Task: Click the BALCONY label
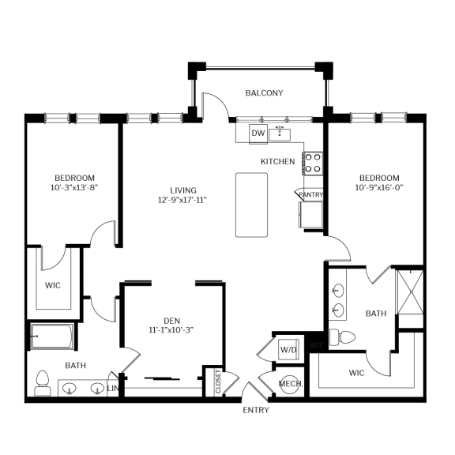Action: point(264,93)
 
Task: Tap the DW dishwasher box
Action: point(258,133)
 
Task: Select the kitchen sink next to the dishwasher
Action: point(280,133)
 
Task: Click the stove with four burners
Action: point(313,163)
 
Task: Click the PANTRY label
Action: point(309,194)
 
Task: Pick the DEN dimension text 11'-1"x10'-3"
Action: point(171,330)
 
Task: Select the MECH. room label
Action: point(289,384)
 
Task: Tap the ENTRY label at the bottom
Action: point(255,410)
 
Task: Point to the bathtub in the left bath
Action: point(52,337)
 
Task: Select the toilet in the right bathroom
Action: point(342,337)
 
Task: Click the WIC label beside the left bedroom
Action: point(53,284)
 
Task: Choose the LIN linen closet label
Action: point(112,388)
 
